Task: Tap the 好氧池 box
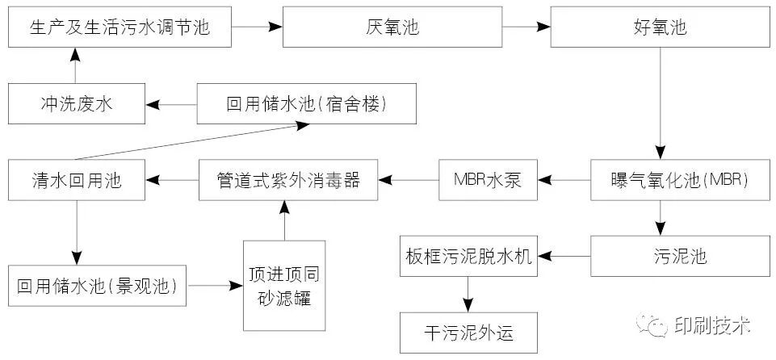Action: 660,27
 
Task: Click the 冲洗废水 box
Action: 77,103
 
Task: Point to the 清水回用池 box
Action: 77,180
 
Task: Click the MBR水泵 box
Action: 487,180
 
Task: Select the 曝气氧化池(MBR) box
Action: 680,180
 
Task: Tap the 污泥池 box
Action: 680,257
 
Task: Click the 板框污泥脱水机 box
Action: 468,257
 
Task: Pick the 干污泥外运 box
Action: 468,332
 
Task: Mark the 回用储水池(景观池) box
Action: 97,285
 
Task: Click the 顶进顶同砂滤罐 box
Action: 284,285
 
